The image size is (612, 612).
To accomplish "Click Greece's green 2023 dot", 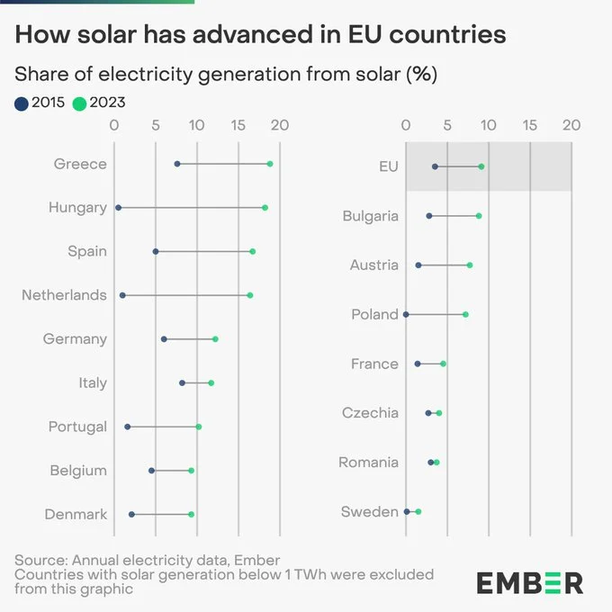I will tap(270, 164).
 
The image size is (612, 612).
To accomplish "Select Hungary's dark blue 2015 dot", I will tap(118, 208).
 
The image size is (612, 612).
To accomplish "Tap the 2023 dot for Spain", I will tap(253, 251).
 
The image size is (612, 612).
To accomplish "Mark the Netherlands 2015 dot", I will tap(122, 295).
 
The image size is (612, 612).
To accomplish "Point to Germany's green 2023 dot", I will tap(215, 339).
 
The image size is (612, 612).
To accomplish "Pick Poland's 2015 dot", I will tap(406, 314).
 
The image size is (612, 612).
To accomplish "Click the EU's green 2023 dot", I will tap(481, 166).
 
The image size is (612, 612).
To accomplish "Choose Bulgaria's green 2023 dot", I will tap(479, 216).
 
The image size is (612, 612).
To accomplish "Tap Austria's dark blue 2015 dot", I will tap(418, 265).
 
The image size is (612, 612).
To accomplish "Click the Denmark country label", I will tap(76, 515).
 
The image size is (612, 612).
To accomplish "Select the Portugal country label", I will tap(77, 427).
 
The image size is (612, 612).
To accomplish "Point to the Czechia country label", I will tap(370, 413).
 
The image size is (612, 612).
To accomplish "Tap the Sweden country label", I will tap(369, 512).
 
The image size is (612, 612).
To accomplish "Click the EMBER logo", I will tap(529, 581).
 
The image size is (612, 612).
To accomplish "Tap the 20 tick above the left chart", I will tap(279, 125).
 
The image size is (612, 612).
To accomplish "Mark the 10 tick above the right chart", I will tap(488, 125).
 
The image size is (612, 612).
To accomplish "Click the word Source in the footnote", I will tap(40, 561).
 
